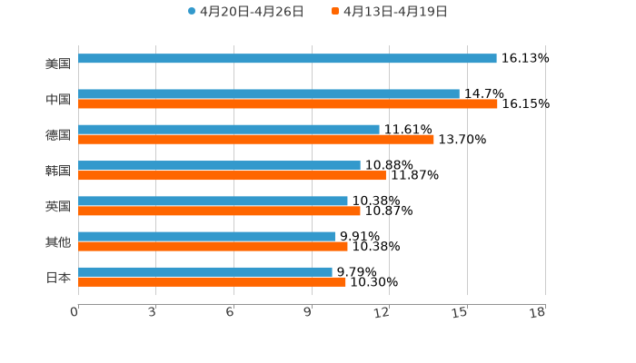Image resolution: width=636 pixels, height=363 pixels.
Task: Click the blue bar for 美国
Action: coord(287,58)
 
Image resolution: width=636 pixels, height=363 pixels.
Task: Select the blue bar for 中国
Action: coord(269,93)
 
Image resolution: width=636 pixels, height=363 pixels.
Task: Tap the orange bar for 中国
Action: coord(288,103)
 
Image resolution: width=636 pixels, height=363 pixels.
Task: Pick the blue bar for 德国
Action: coord(229,129)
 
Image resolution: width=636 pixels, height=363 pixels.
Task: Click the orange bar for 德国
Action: coord(256,139)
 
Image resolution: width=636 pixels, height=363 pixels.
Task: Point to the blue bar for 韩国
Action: coord(219,165)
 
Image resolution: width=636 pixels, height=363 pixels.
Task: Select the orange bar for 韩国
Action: coord(232,175)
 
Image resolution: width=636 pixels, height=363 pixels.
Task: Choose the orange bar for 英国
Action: coord(219,211)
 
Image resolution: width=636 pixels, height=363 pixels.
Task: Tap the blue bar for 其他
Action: coord(206,236)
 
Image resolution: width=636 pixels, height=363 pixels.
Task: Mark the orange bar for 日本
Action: coord(212,281)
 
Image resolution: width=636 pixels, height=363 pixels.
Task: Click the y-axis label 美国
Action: coord(58,64)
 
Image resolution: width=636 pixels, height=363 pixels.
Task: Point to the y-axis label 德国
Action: coord(58,134)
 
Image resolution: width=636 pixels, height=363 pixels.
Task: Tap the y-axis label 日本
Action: coord(58,277)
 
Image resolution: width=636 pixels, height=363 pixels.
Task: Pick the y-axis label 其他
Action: coord(58,241)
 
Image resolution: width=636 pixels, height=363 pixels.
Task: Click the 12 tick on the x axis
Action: coord(383,312)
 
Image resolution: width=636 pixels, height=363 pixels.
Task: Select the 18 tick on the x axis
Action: coord(538,312)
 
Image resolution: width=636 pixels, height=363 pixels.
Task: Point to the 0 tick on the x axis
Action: coord(75,312)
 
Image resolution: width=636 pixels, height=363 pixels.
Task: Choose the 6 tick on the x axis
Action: coord(230,312)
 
